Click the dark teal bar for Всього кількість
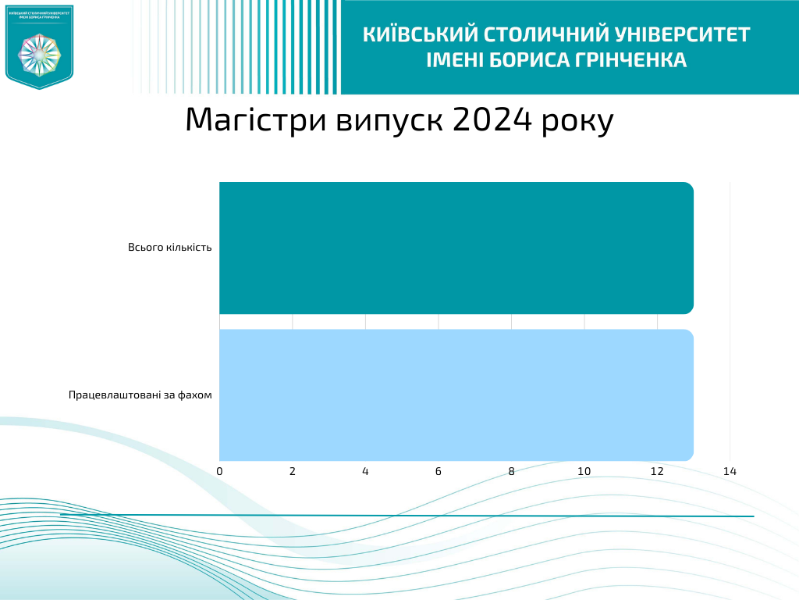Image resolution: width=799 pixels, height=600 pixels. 456,248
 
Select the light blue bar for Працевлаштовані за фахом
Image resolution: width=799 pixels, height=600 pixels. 456,395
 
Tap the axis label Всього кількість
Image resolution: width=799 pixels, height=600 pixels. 170,248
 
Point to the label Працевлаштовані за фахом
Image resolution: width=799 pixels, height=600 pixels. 140,395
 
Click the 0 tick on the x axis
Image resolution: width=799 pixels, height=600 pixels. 219,471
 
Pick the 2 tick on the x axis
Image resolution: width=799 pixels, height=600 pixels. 293,471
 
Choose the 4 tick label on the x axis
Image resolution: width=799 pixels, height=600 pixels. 365,471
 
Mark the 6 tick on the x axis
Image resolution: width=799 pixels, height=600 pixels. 439,471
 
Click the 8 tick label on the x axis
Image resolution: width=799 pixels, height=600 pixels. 511,471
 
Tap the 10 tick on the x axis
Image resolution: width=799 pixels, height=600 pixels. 584,471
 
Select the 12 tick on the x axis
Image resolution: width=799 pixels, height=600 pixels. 657,471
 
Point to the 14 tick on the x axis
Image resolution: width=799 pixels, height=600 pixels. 730,471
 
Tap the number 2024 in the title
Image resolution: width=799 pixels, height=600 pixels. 492,120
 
